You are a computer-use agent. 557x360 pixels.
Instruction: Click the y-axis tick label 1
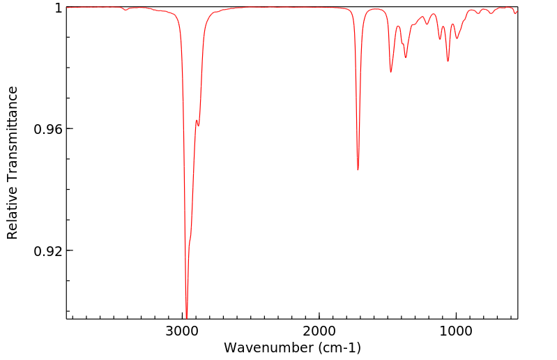(x=59, y=8)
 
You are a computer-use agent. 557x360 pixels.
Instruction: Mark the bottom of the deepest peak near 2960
(x=187, y=317)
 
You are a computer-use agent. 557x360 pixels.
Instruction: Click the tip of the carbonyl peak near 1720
(x=358, y=170)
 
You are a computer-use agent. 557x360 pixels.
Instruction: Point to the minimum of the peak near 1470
(x=391, y=72)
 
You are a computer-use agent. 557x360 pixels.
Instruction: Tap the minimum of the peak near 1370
(x=406, y=58)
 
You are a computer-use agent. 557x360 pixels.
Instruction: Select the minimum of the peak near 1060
(x=448, y=61)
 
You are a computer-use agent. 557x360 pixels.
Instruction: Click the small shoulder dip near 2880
(x=199, y=126)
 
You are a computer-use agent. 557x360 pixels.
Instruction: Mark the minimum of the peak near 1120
(x=440, y=39)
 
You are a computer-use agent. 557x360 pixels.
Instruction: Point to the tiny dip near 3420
(x=125, y=10)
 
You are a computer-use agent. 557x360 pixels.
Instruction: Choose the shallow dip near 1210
(x=427, y=24)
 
